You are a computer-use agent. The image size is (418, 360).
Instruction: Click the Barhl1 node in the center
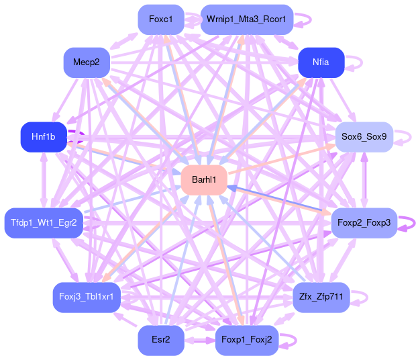tap(204, 180)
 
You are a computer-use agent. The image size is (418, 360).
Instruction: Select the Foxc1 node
tap(161, 19)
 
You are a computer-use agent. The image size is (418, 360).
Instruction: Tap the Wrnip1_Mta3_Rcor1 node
tap(246, 19)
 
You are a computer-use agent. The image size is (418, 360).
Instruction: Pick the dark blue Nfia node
tap(321, 62)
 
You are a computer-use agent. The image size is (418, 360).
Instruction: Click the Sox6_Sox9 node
tap(364, 137)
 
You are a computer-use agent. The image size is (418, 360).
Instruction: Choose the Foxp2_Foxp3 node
tap(364, 222)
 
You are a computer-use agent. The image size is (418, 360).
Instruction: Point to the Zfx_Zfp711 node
tap(321, 297)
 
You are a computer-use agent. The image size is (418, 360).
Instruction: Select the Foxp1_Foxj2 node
tap(246, 341)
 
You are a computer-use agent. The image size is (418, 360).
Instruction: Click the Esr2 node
tap(161, 341)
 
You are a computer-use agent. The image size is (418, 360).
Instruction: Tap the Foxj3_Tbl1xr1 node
tap(86, 297)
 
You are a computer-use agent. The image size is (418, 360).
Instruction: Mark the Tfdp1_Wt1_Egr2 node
tap(44, 222)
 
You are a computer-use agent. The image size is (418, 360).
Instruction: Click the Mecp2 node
tap(86, 62)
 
